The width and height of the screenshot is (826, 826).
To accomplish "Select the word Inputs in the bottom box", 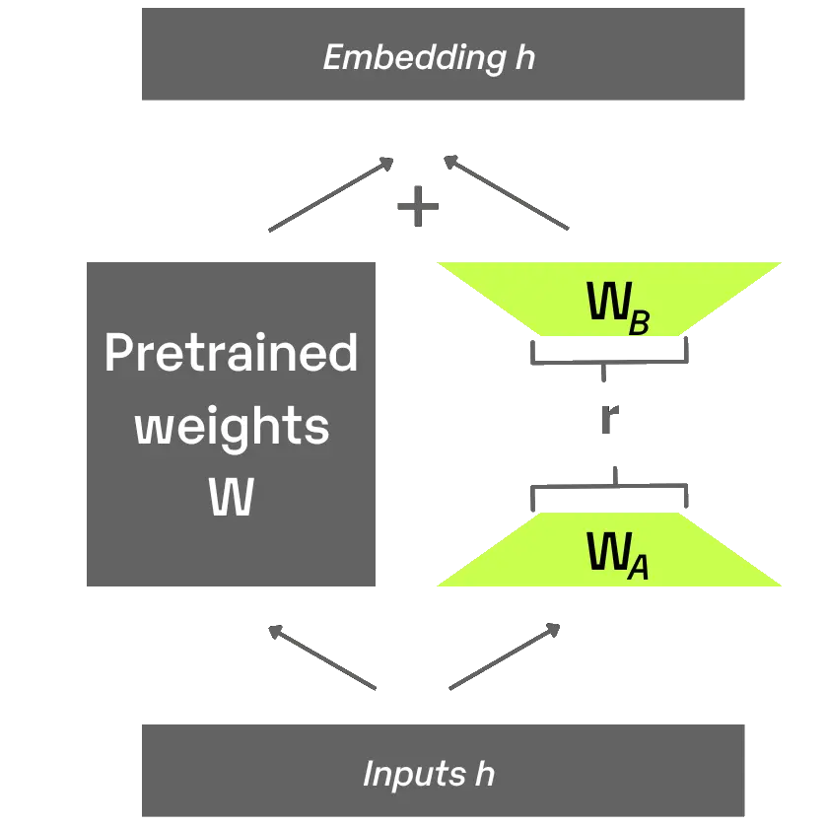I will pos(412,773).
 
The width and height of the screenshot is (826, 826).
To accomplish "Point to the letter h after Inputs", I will pos(484,773).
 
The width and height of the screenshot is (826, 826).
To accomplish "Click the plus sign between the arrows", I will pos(417,206).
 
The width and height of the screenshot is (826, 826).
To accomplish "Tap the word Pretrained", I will pos(232,353).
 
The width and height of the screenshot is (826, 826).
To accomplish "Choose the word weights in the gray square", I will pos(232,426).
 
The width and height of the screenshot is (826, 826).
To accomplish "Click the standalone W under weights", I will pos(232,498).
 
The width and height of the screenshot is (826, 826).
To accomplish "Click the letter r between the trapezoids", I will pos(610,419).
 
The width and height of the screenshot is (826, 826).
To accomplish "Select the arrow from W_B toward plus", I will pos(508,195).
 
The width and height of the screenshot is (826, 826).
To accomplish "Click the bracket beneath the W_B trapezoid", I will pos(610,354).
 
